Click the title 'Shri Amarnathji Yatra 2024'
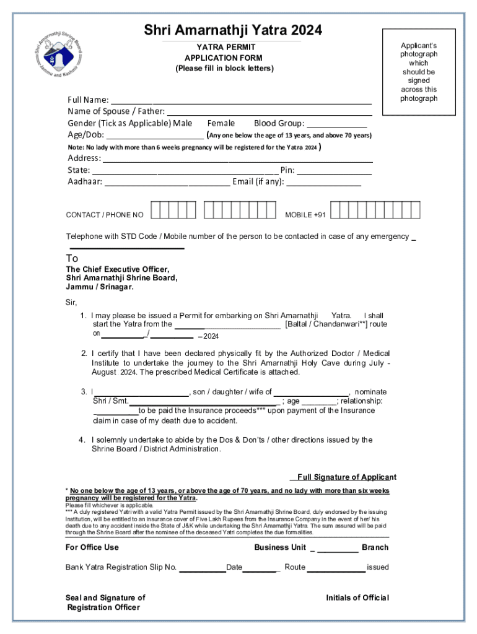click(x=233, y=30)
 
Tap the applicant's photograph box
click(x=418, y=72)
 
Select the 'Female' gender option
click(x=221, y=123)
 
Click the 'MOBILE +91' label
click(x=305, y=215)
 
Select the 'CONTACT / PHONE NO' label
click(x=105, y=215)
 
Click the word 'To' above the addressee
click(x=72, y=258)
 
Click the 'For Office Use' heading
click(x=92, y=547)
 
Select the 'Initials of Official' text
click(x=357, y=597)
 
